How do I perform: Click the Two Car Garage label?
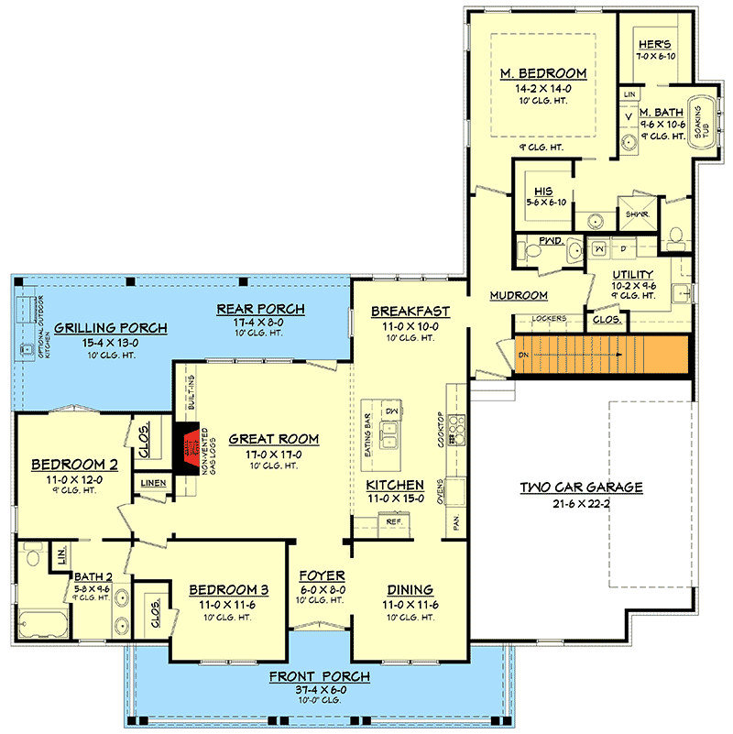[581, 488]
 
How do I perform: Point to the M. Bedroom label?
[542, 73]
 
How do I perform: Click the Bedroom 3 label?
[228, 590]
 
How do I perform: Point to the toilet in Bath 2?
[33, 554]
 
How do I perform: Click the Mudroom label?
[519, 295]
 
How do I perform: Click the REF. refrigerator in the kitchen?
[394, 521]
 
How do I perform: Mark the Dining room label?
[410, 590]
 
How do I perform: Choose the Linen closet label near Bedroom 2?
[152, 483]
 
